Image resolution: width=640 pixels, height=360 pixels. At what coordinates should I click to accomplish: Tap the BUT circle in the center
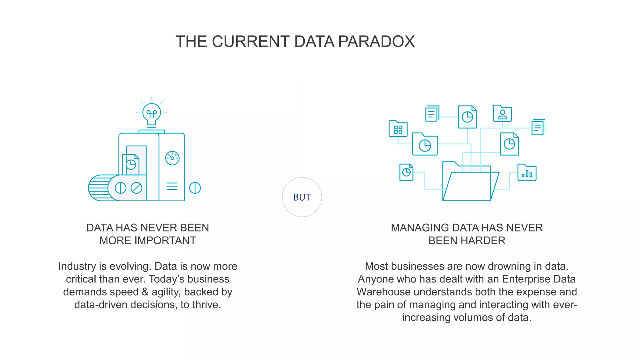[302, 197]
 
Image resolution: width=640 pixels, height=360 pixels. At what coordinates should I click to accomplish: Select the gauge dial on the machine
[172, 158]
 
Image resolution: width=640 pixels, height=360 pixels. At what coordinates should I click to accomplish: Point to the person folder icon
[502, 113]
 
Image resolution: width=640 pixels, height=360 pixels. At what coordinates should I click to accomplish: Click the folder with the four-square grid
[398, 129]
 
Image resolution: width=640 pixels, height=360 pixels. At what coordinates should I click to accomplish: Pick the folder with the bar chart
[527, 172]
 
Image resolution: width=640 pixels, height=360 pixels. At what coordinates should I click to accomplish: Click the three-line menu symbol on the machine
[172, 186]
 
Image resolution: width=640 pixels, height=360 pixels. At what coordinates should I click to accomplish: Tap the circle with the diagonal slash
[136, 188]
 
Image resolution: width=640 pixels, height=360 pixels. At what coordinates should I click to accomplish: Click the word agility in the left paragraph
[166, 292]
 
